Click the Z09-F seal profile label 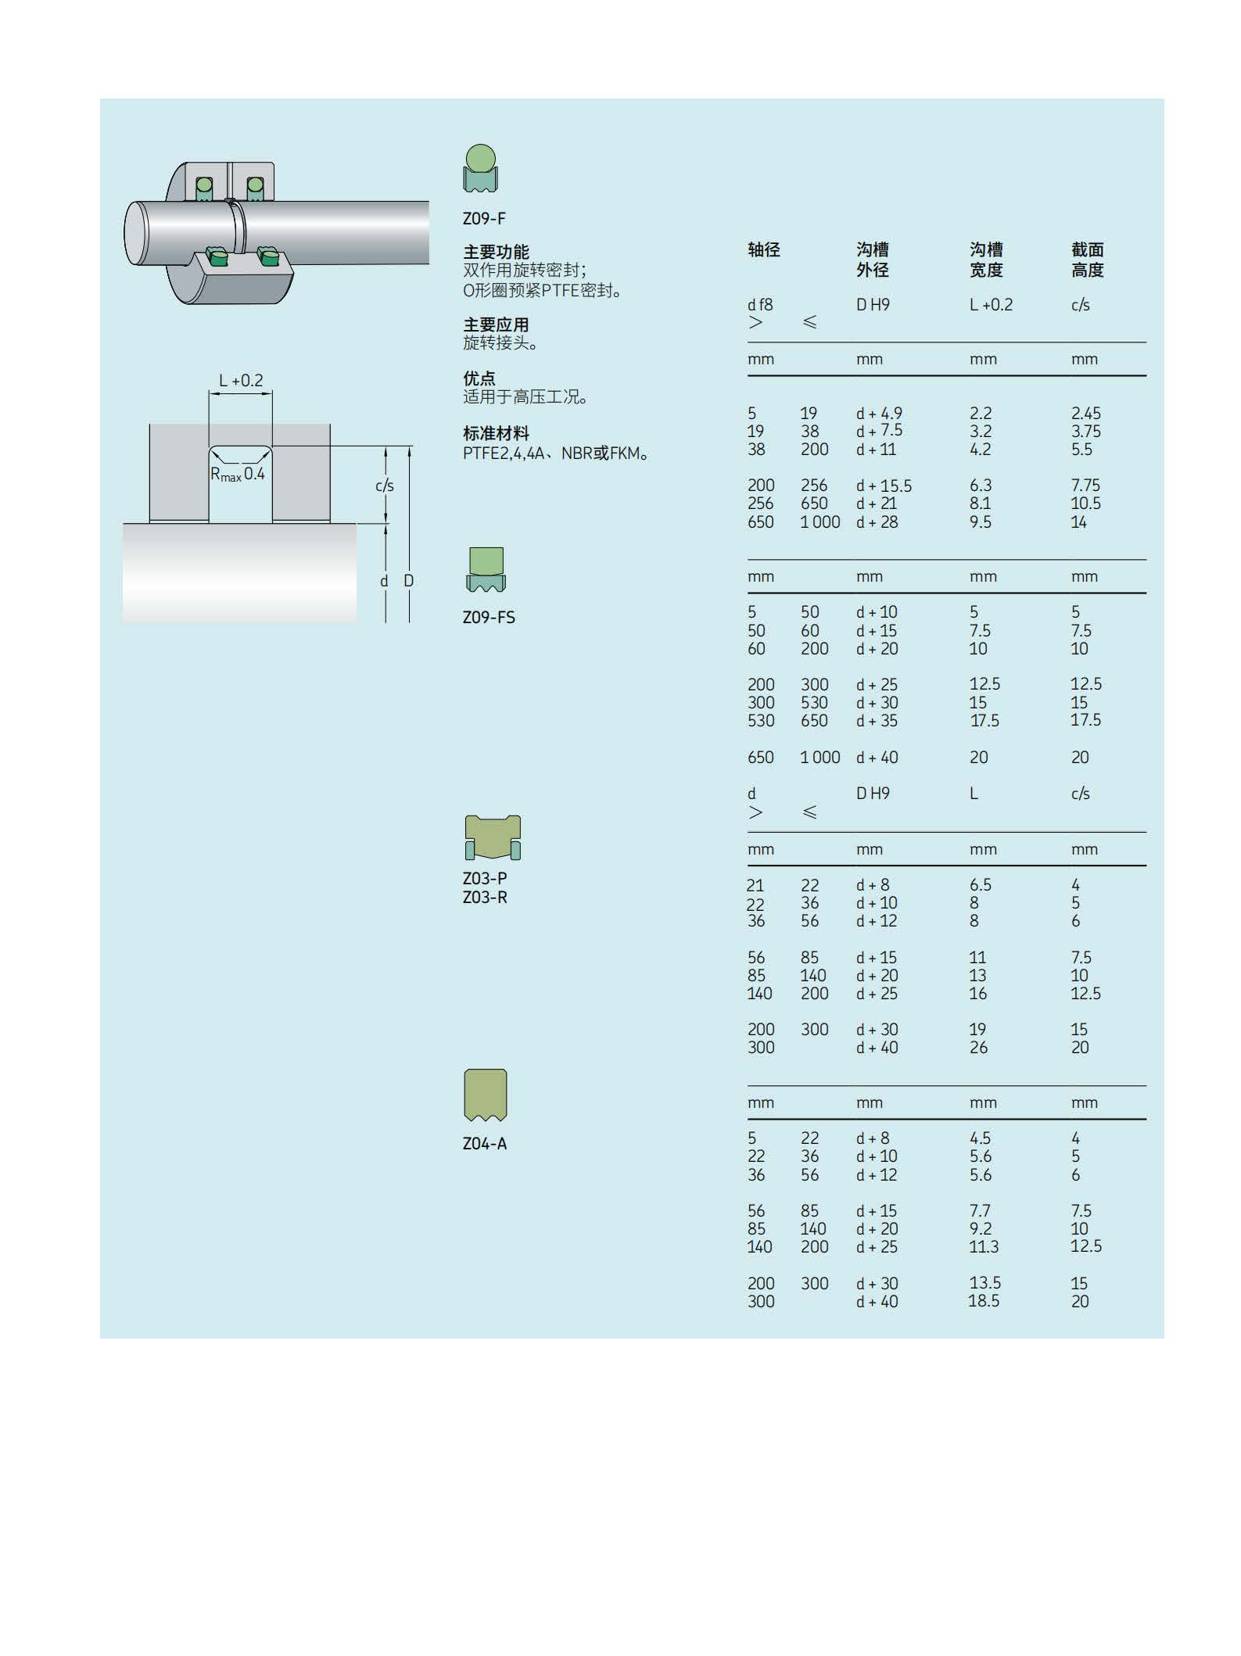[484, 218]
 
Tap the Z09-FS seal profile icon [486, 570]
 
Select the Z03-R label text [485, 897]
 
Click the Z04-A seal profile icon [486, 1095]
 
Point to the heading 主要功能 [496, 252]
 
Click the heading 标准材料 [496, 433]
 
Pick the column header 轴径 [764, 249]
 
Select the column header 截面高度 [1087, 260]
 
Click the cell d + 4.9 [879, 413]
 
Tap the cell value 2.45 [1085, 413]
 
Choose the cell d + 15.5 [884, 486]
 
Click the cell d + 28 [877, 522]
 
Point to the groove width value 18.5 [984, 1300]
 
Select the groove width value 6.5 [981, 884]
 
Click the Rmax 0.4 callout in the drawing [238, 474]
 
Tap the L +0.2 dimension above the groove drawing [241, 381]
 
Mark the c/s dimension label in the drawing [384, 486]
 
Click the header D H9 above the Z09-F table [873, 305]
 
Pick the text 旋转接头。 [500, 343]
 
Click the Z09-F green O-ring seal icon [480, 168]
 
